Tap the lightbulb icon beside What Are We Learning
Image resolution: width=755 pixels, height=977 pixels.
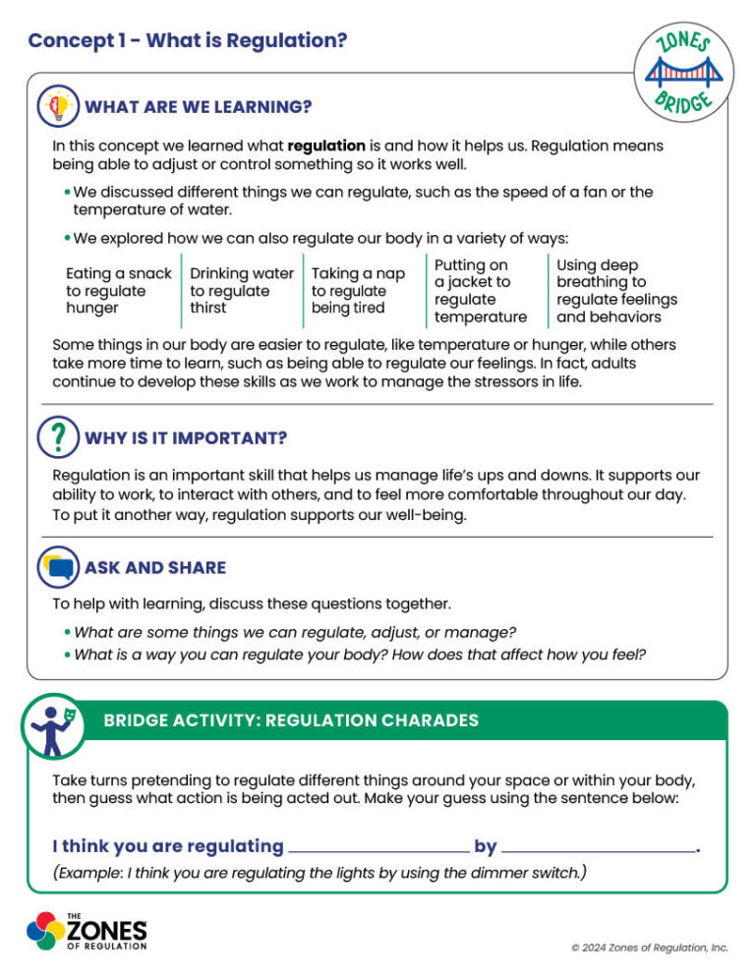(58, 106)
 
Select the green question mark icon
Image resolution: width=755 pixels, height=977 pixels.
(58, 436)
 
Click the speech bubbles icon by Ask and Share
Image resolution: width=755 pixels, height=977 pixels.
(58, 567)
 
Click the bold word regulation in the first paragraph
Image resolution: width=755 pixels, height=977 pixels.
(326, 145)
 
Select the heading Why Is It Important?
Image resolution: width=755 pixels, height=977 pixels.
(186, 437)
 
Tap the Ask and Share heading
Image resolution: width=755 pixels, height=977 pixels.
(155, 567)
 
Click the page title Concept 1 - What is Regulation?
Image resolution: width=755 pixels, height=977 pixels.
(187, 40)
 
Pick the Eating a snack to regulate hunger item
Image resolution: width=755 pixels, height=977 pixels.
(118, 291)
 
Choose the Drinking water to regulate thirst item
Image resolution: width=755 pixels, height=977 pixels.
(242, 291)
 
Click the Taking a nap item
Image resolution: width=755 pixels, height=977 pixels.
(359, 291)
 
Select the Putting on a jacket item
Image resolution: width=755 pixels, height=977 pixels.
(480, 291)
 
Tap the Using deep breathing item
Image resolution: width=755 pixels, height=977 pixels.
(616, 291)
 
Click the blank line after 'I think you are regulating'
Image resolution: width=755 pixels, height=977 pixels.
(378, 848)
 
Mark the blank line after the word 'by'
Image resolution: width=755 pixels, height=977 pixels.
(598, 848)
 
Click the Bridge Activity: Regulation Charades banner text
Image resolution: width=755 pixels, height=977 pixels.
(291, 720)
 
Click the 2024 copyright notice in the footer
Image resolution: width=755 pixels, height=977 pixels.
(650, 948)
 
